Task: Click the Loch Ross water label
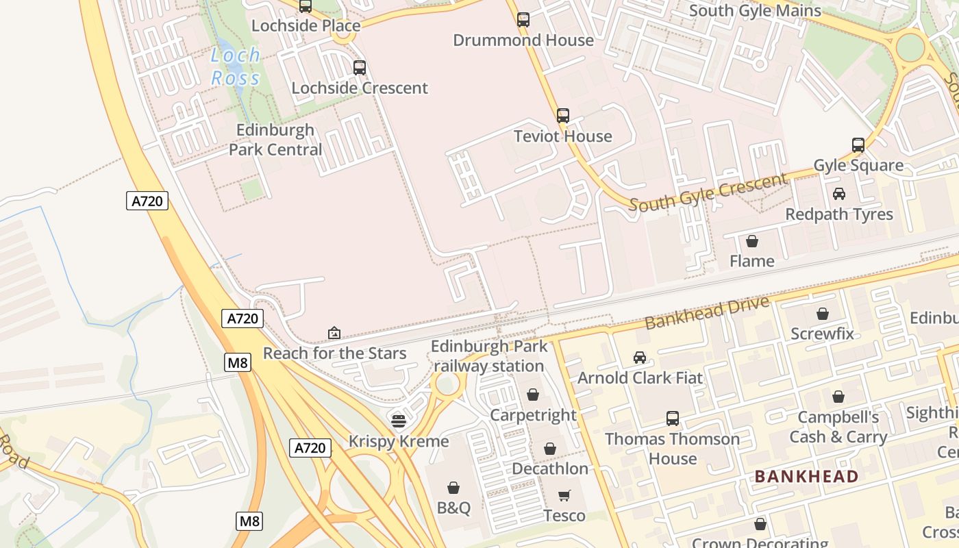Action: point(236,66)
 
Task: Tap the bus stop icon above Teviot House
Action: point(562,116)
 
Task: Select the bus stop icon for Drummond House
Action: point(523,20)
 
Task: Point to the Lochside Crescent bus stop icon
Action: point(359,68)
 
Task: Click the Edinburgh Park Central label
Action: point(275,140)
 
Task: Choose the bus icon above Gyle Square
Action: point(858,145)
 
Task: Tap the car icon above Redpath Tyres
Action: point(839,194)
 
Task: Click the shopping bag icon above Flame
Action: point(752,241)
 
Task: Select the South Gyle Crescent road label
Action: point(708,192)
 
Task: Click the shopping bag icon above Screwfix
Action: point(822,314)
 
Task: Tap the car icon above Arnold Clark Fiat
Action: point(640,358)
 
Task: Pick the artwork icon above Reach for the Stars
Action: point(334,333)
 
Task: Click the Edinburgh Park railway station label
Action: point(489,356)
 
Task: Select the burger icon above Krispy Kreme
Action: point(399,421)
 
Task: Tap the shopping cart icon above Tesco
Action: point(564,495)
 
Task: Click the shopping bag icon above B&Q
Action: point(453,488)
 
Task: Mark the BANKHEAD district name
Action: point(806,476)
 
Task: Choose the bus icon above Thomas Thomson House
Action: point(672,419)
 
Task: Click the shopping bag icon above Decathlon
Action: point(550,449)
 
